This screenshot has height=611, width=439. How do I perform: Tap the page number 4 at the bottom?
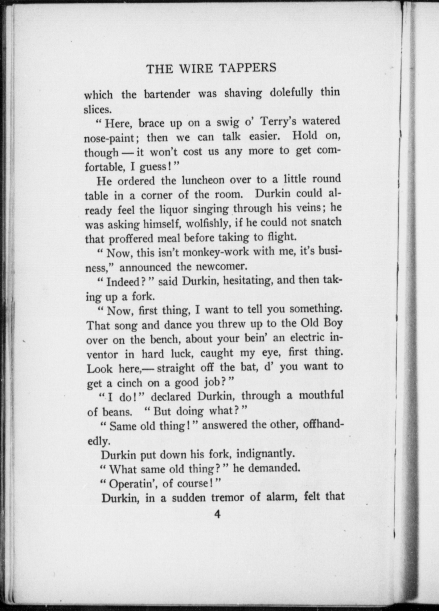click(x=217, y=514)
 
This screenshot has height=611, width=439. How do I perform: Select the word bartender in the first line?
click(x=167, y=94)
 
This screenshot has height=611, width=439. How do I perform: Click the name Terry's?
click(x=279, y=122)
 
